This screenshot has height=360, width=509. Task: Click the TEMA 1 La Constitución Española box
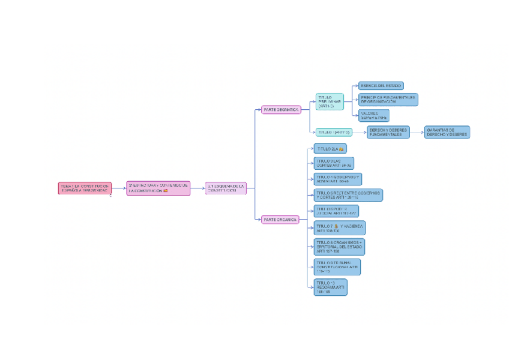point(85,188)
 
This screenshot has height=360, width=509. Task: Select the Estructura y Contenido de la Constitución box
point(158,188)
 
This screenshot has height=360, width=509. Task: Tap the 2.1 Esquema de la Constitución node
point(226,188)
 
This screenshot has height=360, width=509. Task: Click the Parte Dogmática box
point(281,110)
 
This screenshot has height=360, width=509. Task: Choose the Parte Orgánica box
point(280,220)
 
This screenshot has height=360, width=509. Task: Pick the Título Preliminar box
point(330,101)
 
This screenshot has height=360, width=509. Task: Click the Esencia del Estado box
point(381,86)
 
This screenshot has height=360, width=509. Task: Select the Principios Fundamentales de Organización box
point(388,99)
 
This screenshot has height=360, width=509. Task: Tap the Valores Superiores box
point(373,115)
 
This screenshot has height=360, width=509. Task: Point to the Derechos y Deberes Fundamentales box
point(388,133)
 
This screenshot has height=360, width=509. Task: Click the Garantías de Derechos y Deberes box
point(447,133)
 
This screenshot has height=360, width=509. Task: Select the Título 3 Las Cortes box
point(334,163)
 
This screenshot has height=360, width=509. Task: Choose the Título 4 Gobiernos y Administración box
point(338,179)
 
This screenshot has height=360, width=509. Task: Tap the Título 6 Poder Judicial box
point(336,211)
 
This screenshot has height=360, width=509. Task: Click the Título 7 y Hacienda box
point(339,228)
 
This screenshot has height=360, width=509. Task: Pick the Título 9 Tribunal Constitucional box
point(337,267)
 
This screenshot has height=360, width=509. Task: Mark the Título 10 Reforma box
point(330,287)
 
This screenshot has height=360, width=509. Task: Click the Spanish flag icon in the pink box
point(166,191)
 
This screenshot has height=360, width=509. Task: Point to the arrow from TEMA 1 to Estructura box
point(118,188)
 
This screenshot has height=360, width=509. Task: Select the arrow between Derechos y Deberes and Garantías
point(417,133)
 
